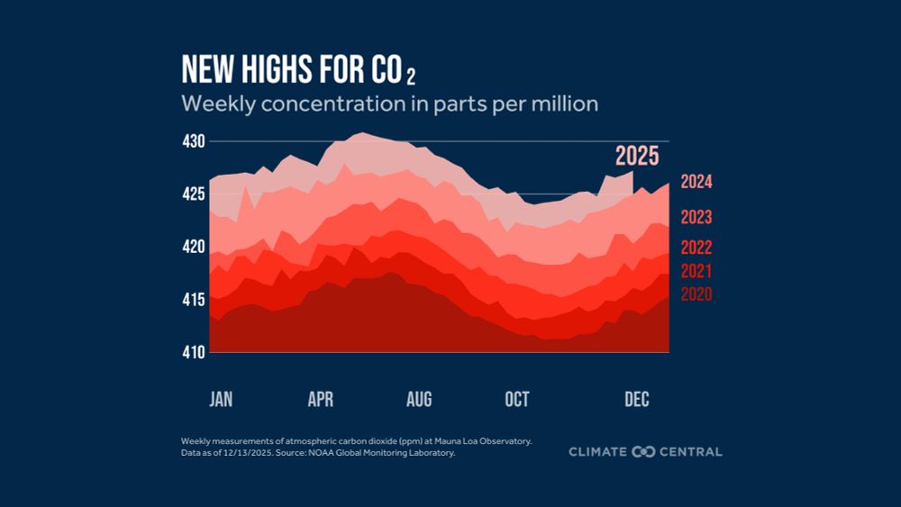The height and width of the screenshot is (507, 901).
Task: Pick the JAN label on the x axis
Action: [221, 400]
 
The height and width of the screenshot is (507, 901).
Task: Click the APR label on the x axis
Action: [320, 400]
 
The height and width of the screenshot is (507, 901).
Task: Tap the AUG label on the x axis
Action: [419, 400]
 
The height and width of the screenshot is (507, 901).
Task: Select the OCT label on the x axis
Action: [517, 400]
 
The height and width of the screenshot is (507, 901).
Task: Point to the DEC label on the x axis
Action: [637, 400]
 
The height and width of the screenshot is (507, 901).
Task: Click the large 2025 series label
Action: [637, 156]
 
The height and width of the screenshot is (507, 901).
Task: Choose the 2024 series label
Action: [696, 182]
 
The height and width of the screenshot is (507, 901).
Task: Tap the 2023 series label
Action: [696, 217]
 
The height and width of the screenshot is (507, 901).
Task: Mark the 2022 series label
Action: [696, 249]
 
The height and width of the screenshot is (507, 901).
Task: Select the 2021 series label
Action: [696, 271]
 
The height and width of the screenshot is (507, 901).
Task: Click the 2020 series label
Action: [696, 294]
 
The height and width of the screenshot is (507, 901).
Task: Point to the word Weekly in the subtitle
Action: [214, 104]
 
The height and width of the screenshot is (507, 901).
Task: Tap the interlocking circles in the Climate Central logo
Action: [643, 451]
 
